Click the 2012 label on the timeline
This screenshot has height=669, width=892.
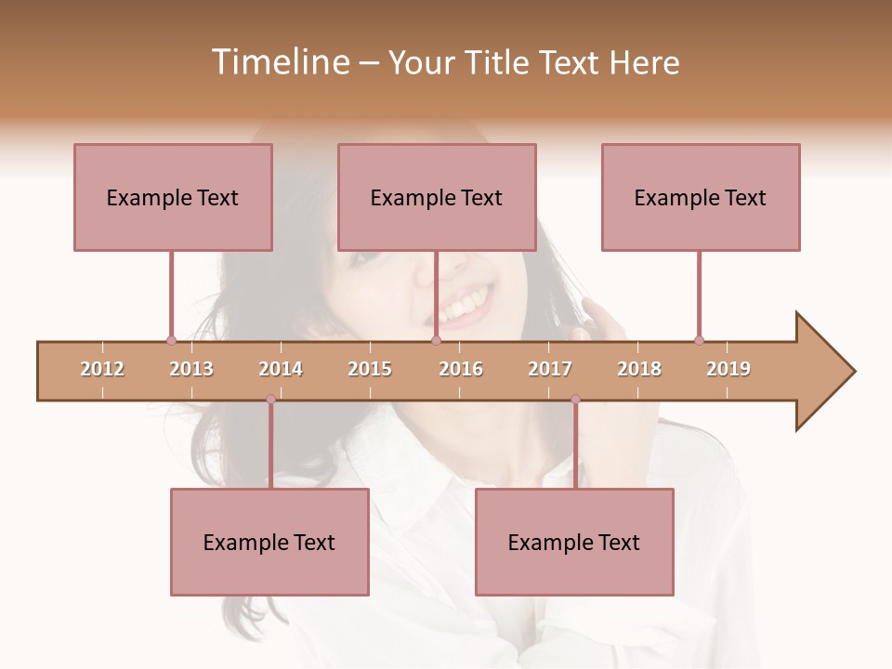click(102, 369)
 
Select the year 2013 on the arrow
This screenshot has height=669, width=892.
click(191, 369)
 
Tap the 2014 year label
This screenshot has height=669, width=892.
click(281, 369)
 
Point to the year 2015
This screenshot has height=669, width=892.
click(370, 369)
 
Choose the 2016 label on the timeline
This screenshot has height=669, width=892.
click(461, 369)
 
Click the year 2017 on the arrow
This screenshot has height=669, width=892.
click(550, 369)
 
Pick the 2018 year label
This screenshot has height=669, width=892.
click(639, 369)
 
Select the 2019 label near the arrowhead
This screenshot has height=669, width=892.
click(728, 369)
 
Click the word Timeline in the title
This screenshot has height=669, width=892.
click(278, 62)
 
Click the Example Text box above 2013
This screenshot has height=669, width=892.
click(173, 197)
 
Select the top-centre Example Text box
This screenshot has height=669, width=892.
click(437, 197)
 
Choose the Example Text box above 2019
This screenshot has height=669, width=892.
click(701, 197)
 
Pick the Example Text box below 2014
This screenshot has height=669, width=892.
click(269, 542)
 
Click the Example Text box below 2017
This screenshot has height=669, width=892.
click(574, 542)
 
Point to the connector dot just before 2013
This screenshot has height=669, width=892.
click(171, 341)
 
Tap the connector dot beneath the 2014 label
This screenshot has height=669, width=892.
click(270, 400)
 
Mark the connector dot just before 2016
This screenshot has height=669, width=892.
click(436, 341)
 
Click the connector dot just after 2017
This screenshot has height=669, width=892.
click(575, 400)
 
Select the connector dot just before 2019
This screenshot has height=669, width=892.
click(699, 341)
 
